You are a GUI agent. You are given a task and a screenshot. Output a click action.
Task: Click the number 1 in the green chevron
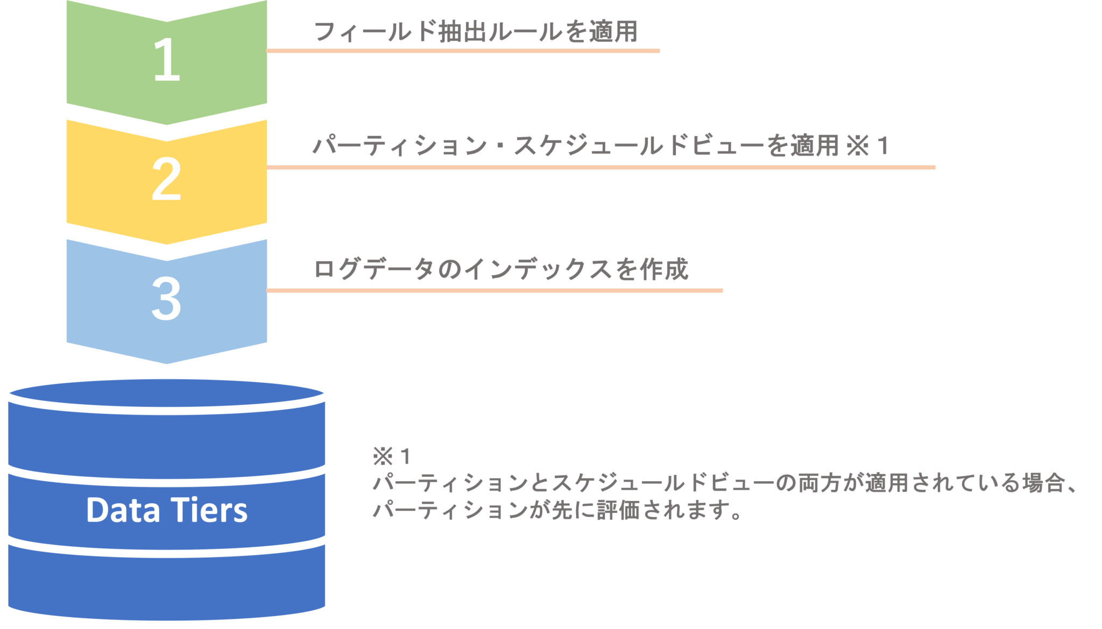point(166,60)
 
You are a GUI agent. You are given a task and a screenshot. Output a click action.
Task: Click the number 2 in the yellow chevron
point(166,180)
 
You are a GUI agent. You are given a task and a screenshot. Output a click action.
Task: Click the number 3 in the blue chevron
point(166,299)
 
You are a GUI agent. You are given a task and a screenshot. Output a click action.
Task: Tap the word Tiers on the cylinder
point(209,510)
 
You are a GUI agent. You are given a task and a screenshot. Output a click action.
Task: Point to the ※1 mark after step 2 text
point(867,146)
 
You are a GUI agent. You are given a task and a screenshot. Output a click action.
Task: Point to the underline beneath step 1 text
point(463,51)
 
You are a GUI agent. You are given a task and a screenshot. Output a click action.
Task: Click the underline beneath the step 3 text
point(495,291)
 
